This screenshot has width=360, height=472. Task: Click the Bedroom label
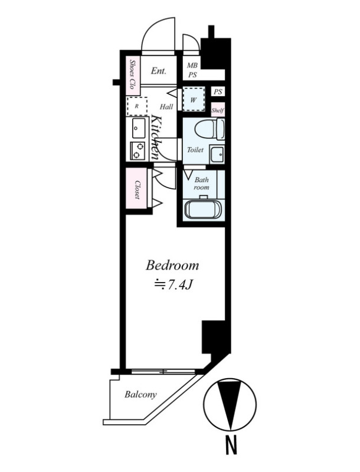tap(172, 265)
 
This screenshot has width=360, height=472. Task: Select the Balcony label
tap(140, 394)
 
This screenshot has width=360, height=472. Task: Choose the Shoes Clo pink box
tap(132, 76)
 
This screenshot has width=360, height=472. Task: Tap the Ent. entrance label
tap(158, 71)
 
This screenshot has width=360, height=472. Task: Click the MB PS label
tap(192, 70)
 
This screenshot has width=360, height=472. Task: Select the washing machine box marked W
tap(194, 100)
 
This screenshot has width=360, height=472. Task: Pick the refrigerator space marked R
tap(137, 106)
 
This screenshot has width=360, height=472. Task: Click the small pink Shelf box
tap(218, 110)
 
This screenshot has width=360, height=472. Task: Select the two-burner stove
tap(137, 151)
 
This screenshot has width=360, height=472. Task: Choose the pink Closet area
tap(137, 188)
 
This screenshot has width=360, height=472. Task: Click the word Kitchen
tap(157, 137)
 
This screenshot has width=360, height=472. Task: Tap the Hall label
tap(166, 107)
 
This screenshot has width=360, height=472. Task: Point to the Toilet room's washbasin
tap(217, 155)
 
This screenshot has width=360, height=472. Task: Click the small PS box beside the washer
tap(218, 92)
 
